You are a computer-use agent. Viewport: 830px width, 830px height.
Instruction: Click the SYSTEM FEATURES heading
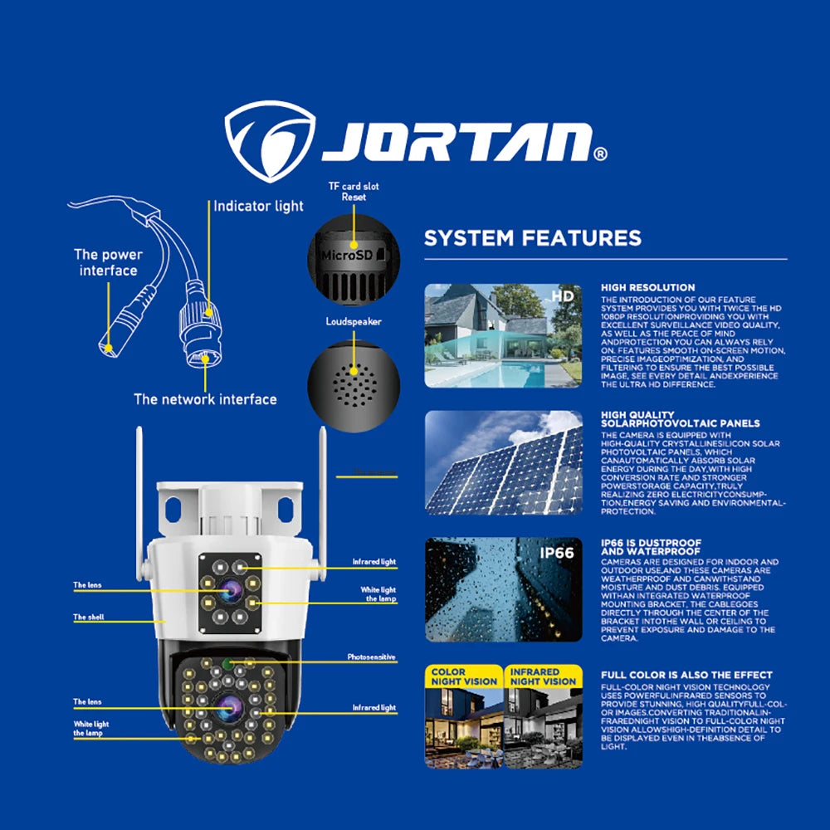coord(532,238)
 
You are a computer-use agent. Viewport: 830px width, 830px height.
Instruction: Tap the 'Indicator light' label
coord(259,206)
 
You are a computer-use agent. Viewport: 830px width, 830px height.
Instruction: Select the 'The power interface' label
coord(108,262)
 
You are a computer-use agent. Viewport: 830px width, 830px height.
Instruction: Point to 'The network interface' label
coord(205,399)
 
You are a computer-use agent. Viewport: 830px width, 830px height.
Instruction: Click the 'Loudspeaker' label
coord(354,321)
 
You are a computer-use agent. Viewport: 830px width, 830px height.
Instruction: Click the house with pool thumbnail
coord(503,335)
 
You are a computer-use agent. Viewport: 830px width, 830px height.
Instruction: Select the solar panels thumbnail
coord(503,462)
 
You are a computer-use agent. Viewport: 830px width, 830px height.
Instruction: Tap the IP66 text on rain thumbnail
coord(557,553)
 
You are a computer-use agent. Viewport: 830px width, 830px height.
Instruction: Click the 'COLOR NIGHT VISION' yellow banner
coord(463,676)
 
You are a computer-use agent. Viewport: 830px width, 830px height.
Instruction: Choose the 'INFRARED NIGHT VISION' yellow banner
coord(543,676)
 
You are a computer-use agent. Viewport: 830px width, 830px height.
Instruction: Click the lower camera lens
coord(230,708)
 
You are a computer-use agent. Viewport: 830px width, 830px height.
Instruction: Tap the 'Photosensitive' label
coord(371,657)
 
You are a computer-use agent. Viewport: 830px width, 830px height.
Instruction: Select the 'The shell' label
coord(89,618)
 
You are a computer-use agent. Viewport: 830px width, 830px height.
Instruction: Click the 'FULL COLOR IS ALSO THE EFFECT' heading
coord(686,675)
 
